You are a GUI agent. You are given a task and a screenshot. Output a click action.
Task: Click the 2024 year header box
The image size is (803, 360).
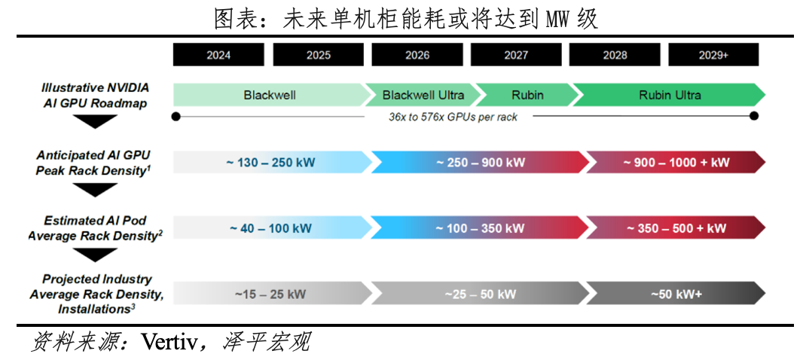(218, 55)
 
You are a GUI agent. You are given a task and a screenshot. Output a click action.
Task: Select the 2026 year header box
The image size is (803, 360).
(417, 55)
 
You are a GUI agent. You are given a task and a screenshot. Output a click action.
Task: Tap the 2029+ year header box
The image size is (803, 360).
(713, 55)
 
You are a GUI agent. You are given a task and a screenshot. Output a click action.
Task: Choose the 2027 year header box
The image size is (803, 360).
(516, 55)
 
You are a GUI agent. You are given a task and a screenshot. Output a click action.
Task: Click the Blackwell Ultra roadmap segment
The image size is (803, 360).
(423, 95)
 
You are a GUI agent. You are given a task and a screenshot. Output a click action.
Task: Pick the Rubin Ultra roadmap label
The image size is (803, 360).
(670, 95)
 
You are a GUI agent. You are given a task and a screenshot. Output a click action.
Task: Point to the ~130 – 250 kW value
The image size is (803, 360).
(270, 163)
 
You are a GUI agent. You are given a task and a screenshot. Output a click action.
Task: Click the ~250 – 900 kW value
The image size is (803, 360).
(481, 163)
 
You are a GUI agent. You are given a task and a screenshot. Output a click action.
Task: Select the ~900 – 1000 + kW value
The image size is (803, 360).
(676, 163)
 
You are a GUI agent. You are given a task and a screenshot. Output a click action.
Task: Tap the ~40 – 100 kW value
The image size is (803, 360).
(270, 228)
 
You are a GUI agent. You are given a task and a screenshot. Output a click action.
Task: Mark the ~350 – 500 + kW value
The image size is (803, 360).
(676, 228)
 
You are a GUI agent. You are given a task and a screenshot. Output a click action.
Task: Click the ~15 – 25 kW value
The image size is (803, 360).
(270, 294)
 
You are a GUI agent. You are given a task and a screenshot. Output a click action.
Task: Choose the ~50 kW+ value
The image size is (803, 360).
(676, 294)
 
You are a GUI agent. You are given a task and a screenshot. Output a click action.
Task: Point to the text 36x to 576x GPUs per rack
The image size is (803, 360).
(453, 117)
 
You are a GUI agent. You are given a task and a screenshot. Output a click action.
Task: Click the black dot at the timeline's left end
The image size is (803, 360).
(176, 117)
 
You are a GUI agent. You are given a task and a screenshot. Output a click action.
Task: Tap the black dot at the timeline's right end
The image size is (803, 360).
(754, 116)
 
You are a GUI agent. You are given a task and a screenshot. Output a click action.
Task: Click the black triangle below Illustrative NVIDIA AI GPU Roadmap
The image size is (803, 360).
(95, 121)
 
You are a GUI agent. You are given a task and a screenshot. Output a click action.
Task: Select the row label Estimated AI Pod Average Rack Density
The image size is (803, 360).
(95, 228)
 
